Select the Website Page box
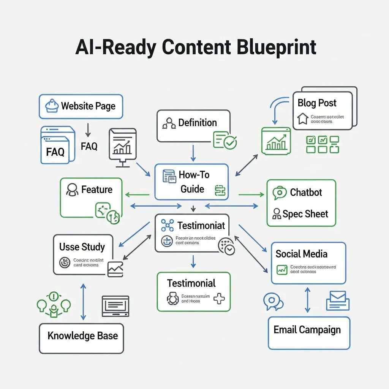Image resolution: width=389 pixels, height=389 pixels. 81,106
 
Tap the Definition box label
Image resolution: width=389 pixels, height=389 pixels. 198,123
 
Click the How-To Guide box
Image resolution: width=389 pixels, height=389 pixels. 191,182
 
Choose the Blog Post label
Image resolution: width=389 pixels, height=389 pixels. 317,103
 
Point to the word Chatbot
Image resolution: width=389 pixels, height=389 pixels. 306,192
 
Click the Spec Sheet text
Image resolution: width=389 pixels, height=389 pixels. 305,214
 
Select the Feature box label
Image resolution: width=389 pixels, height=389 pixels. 96,189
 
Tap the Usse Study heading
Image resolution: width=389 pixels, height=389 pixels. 82,247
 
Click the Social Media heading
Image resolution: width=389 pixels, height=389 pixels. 301,254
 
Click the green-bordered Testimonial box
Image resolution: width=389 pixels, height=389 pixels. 193,291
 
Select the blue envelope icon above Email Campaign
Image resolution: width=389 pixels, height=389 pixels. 337,300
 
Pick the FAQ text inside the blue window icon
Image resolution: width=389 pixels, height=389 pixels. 55,152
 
